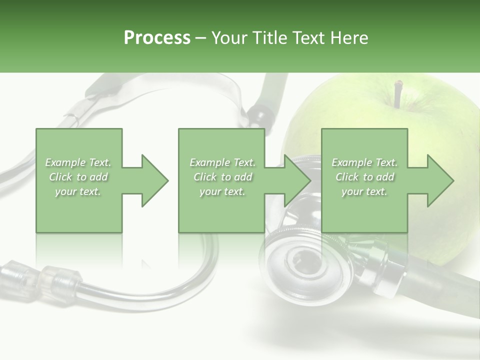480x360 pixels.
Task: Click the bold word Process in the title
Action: (157, 38)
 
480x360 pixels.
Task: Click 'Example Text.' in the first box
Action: (78, 162)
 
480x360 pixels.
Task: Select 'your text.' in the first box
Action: (78, 191)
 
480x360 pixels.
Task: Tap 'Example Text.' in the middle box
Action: (222, 162)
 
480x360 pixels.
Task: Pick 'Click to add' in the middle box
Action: (222, 177)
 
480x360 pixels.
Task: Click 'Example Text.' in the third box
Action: (364, 162)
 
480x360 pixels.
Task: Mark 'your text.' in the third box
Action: (364, 191)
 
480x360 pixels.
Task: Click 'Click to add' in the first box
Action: (78, 177)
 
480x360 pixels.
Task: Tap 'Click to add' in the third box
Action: (364, 177)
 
